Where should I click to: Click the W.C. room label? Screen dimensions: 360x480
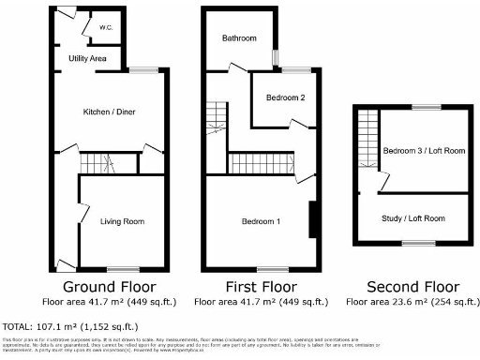106,28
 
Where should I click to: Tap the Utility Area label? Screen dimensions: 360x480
87,59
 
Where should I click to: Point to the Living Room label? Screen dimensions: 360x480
123,221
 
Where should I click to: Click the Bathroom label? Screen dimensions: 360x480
239,38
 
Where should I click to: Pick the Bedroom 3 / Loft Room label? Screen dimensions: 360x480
424,151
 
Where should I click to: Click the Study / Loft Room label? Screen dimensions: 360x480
413,218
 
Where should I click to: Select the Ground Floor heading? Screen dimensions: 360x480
109,286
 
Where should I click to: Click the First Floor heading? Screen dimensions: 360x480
262,286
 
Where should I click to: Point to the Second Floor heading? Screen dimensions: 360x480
412,286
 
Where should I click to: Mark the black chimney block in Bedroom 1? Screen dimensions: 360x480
313,221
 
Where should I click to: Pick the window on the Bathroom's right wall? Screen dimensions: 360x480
276,57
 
